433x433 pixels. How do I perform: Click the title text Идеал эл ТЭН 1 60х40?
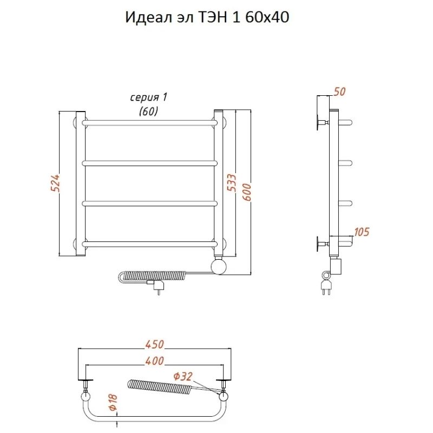tap(207, 17)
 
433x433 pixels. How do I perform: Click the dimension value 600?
tap(247, 191)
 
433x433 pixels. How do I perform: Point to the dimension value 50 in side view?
tap(339, 92)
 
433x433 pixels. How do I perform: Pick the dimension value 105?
tap(361, 232)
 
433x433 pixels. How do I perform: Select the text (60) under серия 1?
tap(148, 111)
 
